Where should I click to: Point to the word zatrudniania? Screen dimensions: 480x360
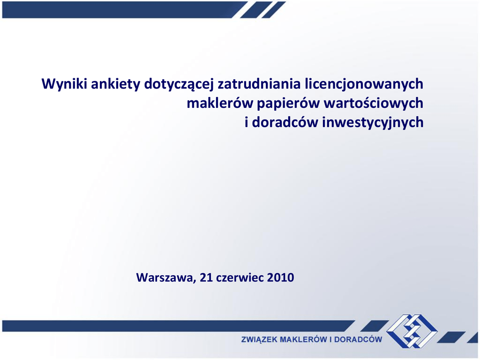tap(259, 83)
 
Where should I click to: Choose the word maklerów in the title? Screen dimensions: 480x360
tap(220, 103)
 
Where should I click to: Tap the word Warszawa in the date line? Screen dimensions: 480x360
tap(166, 277)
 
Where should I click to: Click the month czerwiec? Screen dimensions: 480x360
tap(240, 277)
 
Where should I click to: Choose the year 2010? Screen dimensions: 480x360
tap(281, 277)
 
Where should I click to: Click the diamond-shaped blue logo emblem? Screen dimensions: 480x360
tap(412, 331)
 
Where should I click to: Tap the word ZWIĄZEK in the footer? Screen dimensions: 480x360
tap(259, 339)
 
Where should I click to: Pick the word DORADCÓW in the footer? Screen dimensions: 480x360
tap(358, 339)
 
